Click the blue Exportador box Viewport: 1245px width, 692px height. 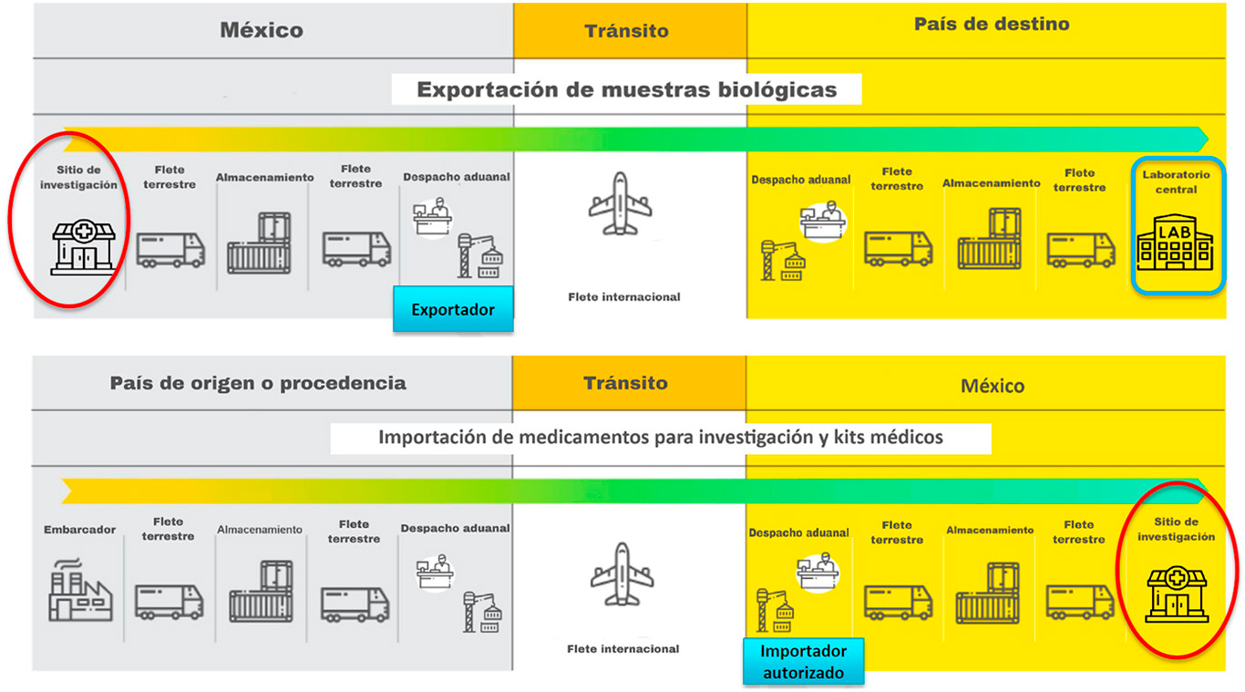[453, 309]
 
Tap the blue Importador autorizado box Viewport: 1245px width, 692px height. [803, 662]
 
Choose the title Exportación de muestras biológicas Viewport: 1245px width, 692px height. [626, 89]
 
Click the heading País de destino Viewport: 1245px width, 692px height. [992, 25]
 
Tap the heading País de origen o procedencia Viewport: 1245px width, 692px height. [258, 383]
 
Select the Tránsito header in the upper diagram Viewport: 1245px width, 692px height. [626, 31]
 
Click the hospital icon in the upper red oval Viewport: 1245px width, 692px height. [83, 246]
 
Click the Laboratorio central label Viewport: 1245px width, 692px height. [1176, 181]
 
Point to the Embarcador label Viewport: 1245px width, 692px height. [79, 530]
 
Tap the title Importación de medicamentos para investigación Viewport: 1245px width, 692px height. [660, 438]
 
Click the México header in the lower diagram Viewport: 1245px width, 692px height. [993, 386]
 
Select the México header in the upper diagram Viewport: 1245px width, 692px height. [262, 30]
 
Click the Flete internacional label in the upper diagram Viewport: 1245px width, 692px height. [623, 296]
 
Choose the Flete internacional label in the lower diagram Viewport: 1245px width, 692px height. [622, 649]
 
